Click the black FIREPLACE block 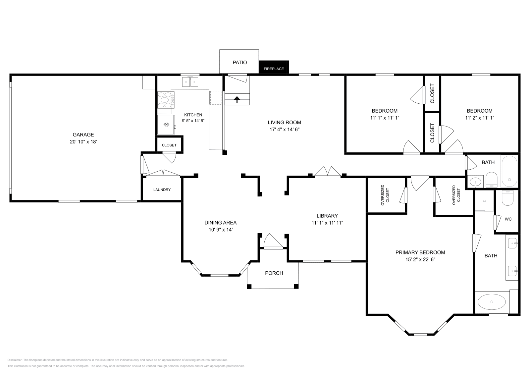(x=274, y=67)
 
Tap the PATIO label (x=240, y=63)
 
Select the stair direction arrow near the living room (x=237, y=99)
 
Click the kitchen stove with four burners (x=166, y=100)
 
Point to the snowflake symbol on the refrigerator (x=167, y=125)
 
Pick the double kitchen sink (x=190, y=81)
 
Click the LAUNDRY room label (x=162, y=190)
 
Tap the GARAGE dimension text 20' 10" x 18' (x=83, y=142)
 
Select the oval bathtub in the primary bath (x=492, y=302)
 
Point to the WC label (x=508, y=219)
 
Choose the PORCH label (x=274, y=273)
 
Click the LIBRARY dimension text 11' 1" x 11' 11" (x=327, y=223)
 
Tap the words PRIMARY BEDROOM (x=420, y=252)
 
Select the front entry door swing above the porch (x=273, y=241)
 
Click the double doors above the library (x=328, y=172)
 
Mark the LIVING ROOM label (x=285, y=123)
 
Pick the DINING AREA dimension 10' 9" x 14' (x=221, y=230)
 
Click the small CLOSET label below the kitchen (x=169, y=145)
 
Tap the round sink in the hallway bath (x=475, y=182)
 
